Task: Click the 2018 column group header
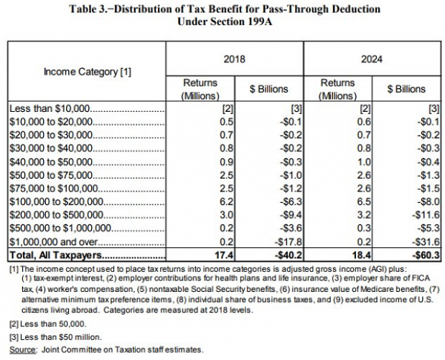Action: coord(234,60)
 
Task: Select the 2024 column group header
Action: coord(372,60)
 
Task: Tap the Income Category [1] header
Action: coord(88,72)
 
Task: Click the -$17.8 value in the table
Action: coord(289,242)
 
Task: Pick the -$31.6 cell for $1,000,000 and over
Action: coord(426,242)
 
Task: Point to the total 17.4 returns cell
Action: coord(224,255)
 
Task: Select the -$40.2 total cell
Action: coord(289,255)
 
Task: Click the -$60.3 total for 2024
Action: coord(426,255)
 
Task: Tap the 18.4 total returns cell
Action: coord(362,255)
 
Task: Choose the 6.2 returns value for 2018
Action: coord(227,202)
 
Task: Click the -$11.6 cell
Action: coord(426,215)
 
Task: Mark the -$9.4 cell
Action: coord(291,215)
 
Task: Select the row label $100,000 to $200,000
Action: coord(56,202)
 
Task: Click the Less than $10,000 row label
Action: coord(50,108)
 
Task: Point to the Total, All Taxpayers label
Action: coord(56,255)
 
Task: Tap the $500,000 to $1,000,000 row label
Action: coord(60,228)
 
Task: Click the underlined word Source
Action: coord(23,350)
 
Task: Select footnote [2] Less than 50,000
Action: coord(47,324)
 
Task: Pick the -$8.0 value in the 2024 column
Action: coord(428,202)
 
